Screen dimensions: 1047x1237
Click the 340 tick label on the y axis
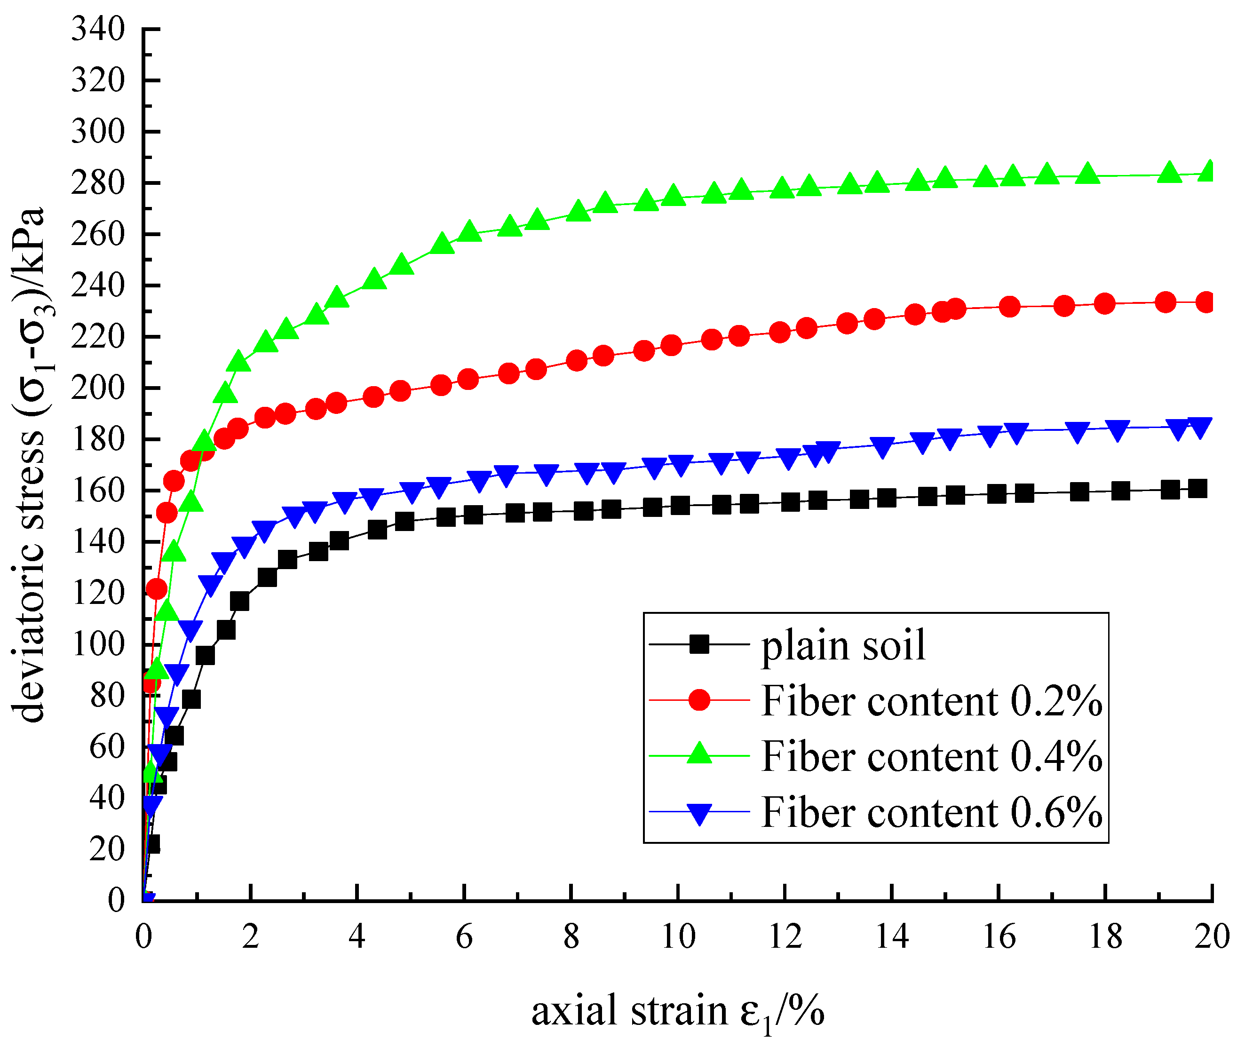[x=98, y=29]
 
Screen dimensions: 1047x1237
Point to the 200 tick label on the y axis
[x=98, y=388]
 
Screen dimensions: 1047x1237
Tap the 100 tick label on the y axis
[x=98, y=644]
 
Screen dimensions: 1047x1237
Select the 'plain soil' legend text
[x=843, y=645]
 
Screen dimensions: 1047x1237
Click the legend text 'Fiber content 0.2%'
[x=931, y=701]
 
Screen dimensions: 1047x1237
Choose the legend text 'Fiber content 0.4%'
[x=931, y=757]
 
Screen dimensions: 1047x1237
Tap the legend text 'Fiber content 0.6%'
[x=931, y=812]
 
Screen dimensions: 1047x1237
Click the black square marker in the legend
[x=699, y=644]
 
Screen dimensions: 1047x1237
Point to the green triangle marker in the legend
[x=699, y=754]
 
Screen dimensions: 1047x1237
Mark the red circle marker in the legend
[x=699, y=700]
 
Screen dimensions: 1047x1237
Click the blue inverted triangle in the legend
[x=699, y=814]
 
